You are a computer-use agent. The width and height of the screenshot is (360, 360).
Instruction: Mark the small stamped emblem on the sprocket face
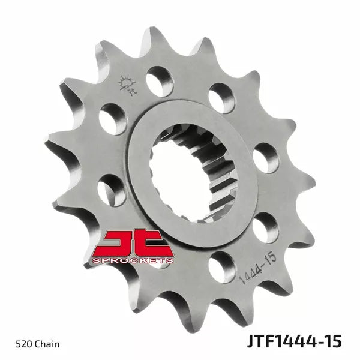pos(127,82)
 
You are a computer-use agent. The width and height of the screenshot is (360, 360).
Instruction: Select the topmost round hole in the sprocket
pos(160,79)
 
